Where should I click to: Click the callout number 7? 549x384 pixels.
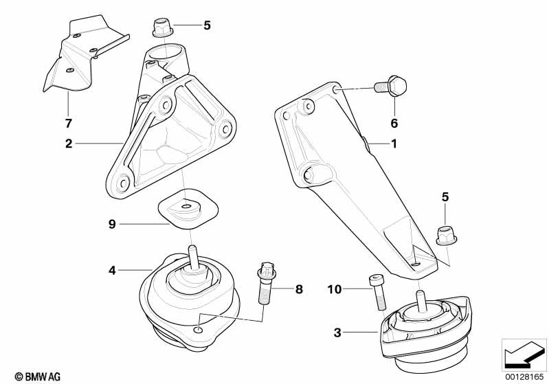[68, 124]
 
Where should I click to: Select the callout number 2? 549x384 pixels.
[69, 144]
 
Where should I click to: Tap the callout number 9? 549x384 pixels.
[112, 223]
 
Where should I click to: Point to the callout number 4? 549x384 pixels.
[112, 271]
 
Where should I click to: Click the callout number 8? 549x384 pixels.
[299, 289]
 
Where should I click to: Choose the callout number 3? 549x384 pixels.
[337, 333]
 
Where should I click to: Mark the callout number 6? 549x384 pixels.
[394, 124]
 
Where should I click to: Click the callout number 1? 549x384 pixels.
[394, 144]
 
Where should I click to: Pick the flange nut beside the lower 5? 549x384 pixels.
[446, 236]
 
